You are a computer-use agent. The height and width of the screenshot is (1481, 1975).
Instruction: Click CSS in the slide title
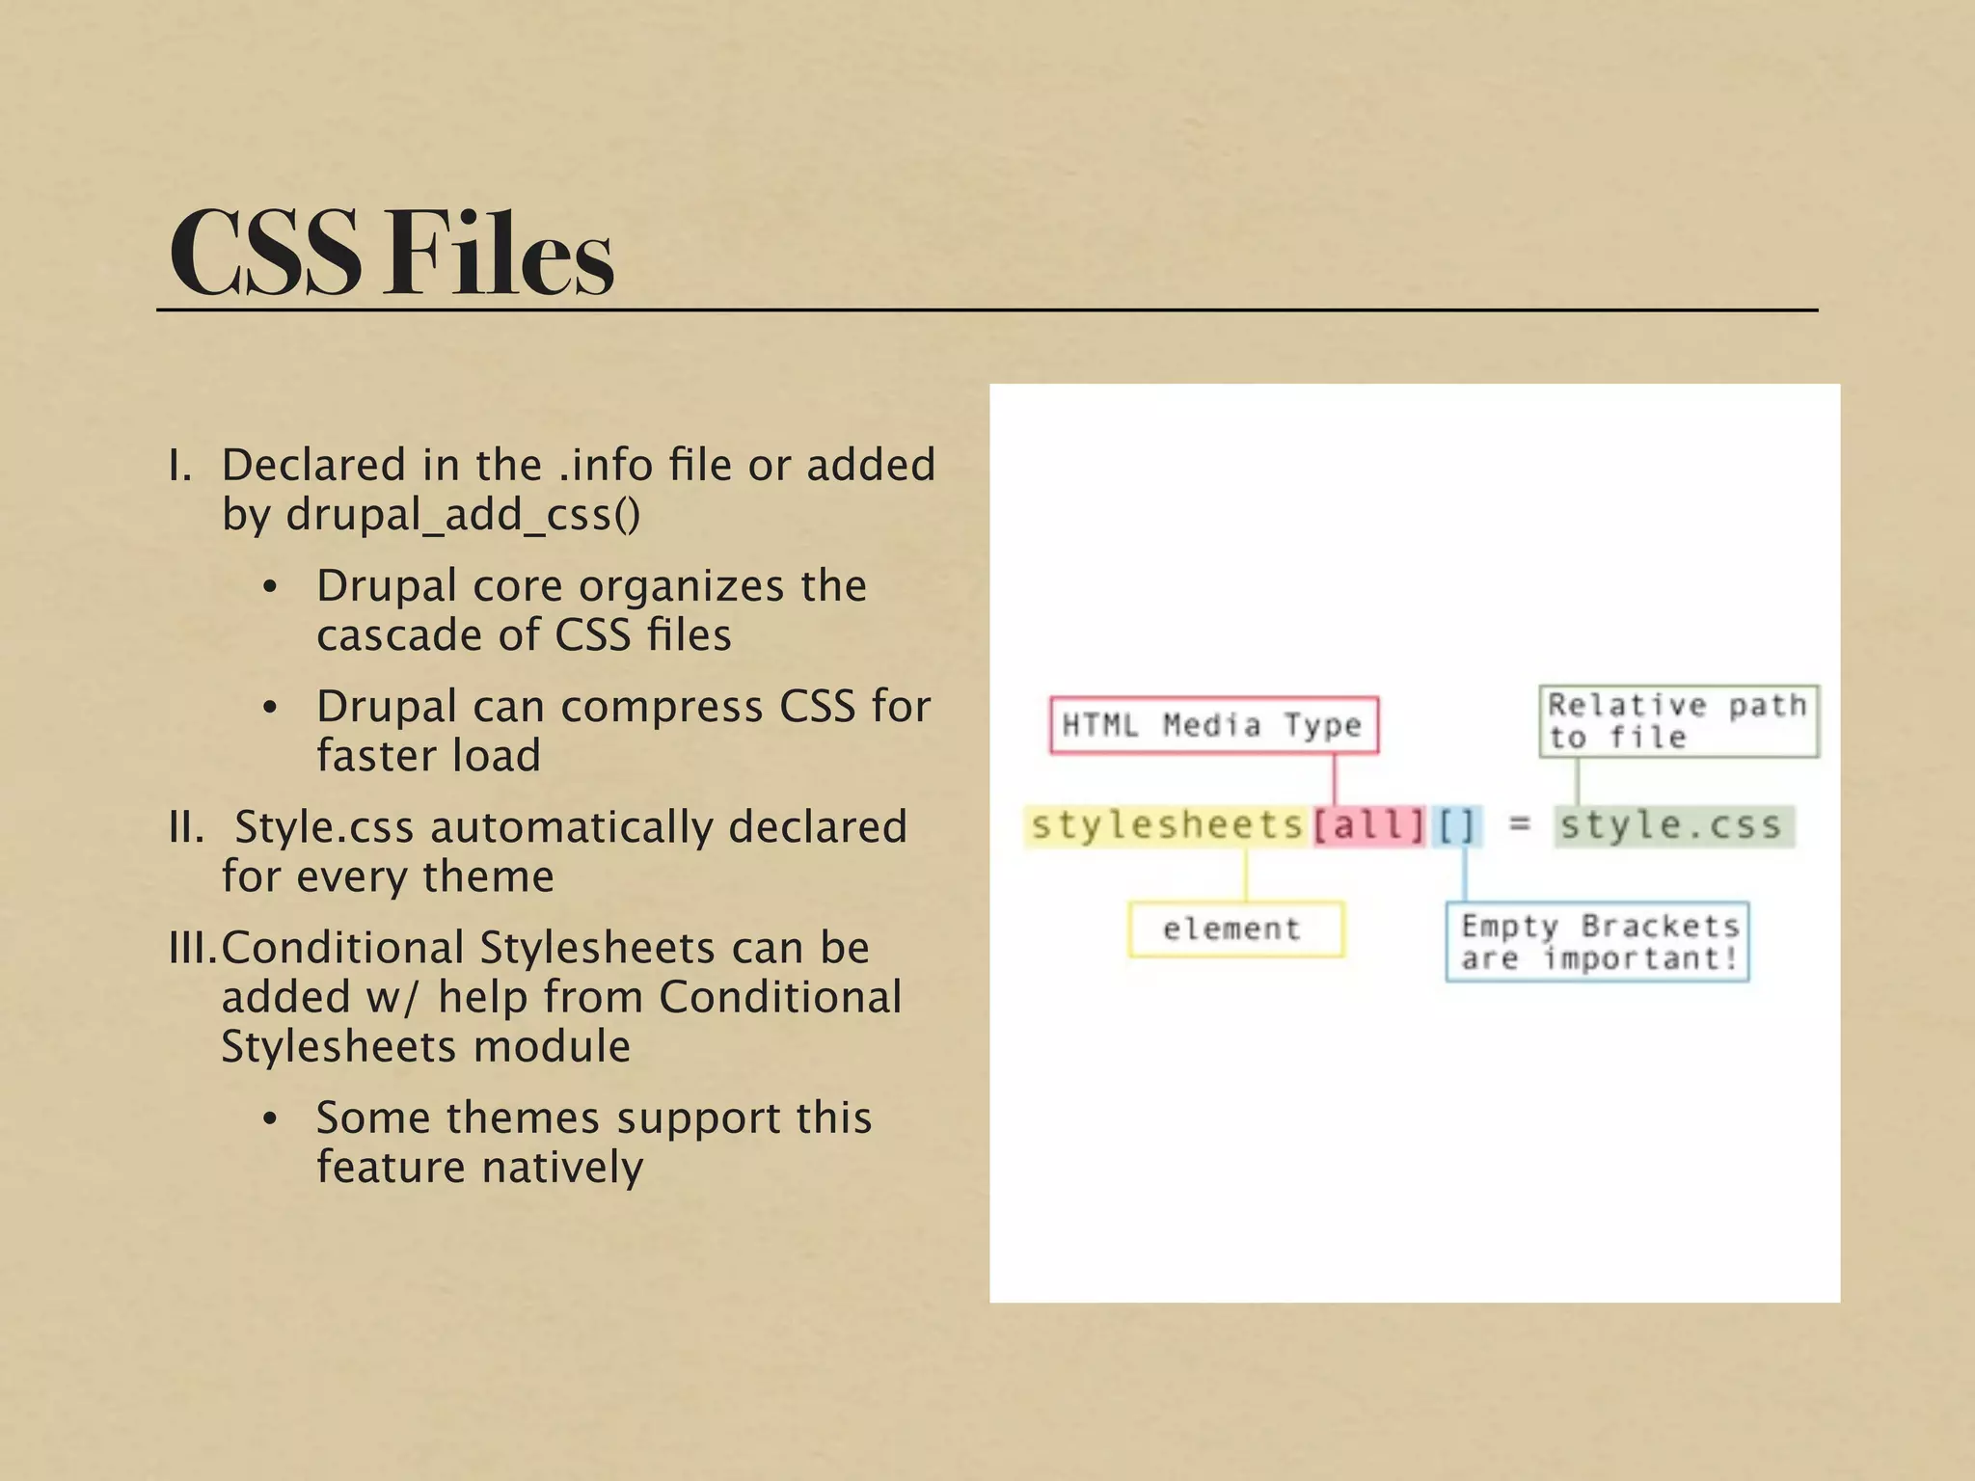(x=265, y=253)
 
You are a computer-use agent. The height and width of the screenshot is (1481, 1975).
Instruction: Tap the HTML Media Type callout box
(x=1213, y=725)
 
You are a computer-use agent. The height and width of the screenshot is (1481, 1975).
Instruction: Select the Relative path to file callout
(x=1678, y=721)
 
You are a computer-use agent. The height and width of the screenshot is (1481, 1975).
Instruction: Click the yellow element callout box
(x=1234, y=929)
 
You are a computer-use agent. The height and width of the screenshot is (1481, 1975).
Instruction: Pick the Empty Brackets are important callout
(x=1597, y=942)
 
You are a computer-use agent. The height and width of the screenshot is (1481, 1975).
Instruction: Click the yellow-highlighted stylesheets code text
(x=1167, y=825)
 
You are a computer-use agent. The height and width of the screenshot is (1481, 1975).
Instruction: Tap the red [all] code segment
(x=1368, y=826)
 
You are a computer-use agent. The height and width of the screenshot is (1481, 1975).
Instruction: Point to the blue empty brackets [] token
(x=1456, y=826)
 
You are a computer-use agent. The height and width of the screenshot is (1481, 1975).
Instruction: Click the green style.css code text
(x=1671, y=826)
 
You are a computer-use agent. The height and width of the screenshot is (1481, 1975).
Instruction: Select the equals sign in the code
(x=1520, y=824)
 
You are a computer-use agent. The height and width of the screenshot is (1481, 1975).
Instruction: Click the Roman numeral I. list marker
(x=180, y=466)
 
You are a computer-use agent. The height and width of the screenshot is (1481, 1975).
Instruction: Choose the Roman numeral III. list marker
(x=192, y=949)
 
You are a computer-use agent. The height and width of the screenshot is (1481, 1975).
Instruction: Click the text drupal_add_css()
(x=463, y=515)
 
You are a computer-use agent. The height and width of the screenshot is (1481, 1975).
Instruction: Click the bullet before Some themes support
(x=270, y=1118)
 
